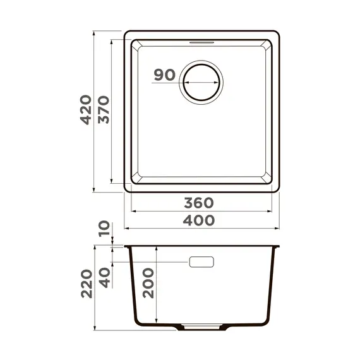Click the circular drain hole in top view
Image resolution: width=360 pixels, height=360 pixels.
coord(202,82)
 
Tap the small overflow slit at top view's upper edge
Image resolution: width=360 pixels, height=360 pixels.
coord(202,40)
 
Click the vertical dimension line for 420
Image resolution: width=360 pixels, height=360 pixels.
coord(94,158)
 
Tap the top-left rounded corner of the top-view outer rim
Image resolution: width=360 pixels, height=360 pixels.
coord(127,33)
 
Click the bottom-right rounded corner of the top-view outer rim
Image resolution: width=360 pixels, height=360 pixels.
coord(277,189)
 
